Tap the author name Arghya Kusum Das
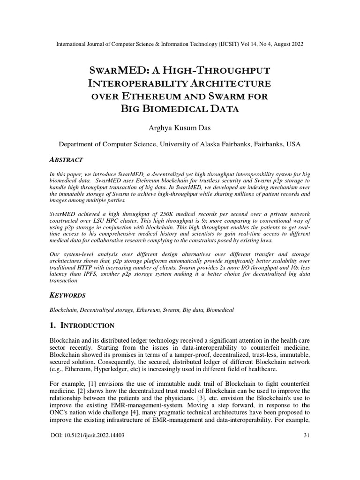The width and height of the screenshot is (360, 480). [180, 127]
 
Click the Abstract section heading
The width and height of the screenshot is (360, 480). [67, 159]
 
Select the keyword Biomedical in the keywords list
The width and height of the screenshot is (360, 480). [219, 310]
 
